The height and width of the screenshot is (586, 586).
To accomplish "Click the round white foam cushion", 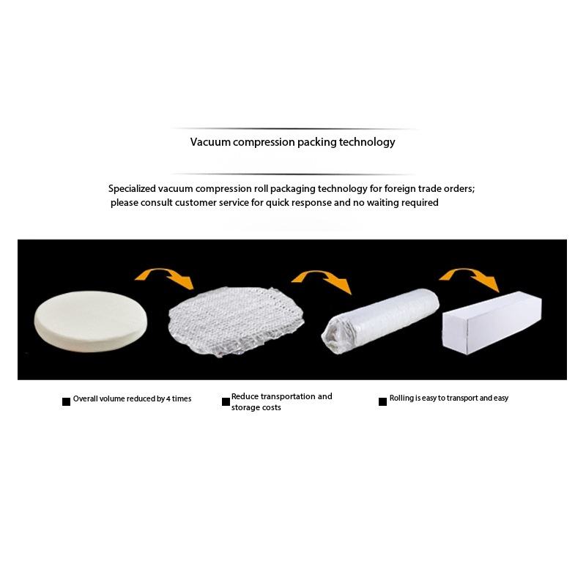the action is pyautogui.click(x=90, y=322).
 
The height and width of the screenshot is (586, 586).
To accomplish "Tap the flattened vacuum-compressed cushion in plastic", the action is pyautogui.click(x=236, y=322).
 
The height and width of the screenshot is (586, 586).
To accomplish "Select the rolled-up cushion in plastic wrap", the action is pyautogui.click(x=380, y=321).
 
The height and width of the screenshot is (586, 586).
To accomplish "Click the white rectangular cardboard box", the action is pyautogui.click(x=492, y=322).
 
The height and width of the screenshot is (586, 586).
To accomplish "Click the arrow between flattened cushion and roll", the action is pyautogui.click(x=322, y=277).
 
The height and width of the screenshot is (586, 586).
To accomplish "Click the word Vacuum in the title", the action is pyautogui.click(x=210, y=142).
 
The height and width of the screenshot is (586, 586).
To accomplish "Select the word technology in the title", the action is pyautogui.click(x=367, y=142).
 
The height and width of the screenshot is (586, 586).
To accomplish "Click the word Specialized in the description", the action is pyautogui.click(x=132, y=189).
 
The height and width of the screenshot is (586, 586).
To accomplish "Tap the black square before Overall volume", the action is pyautogui.click(x=66, y=401).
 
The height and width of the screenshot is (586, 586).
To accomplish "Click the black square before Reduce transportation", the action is pyautogui.click(x=226, y=401).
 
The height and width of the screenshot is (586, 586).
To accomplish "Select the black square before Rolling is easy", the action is pyautogui.click(x=382, y=401).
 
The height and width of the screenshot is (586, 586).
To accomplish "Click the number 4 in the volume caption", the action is pyautogui.click(x=168, y=398).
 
